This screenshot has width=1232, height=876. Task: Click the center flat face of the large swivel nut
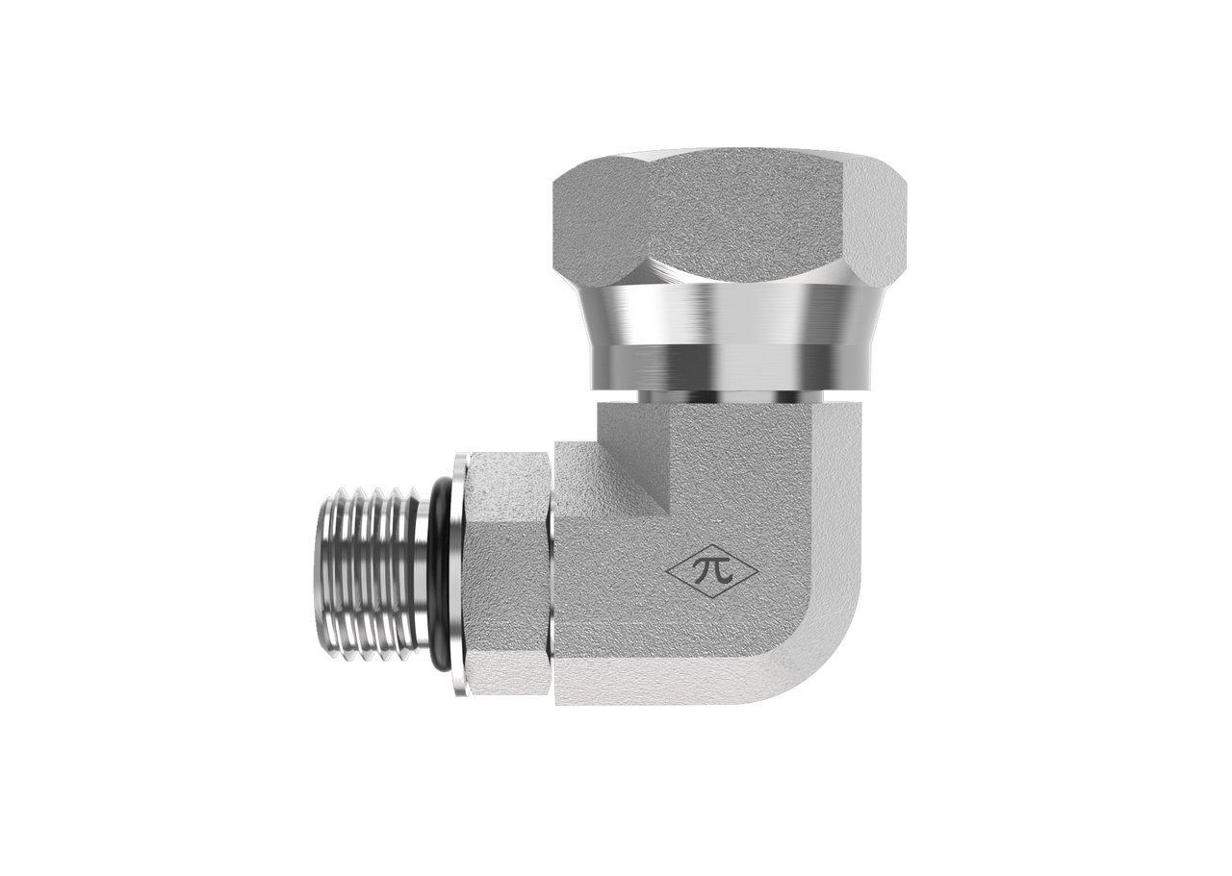coord(747,217)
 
